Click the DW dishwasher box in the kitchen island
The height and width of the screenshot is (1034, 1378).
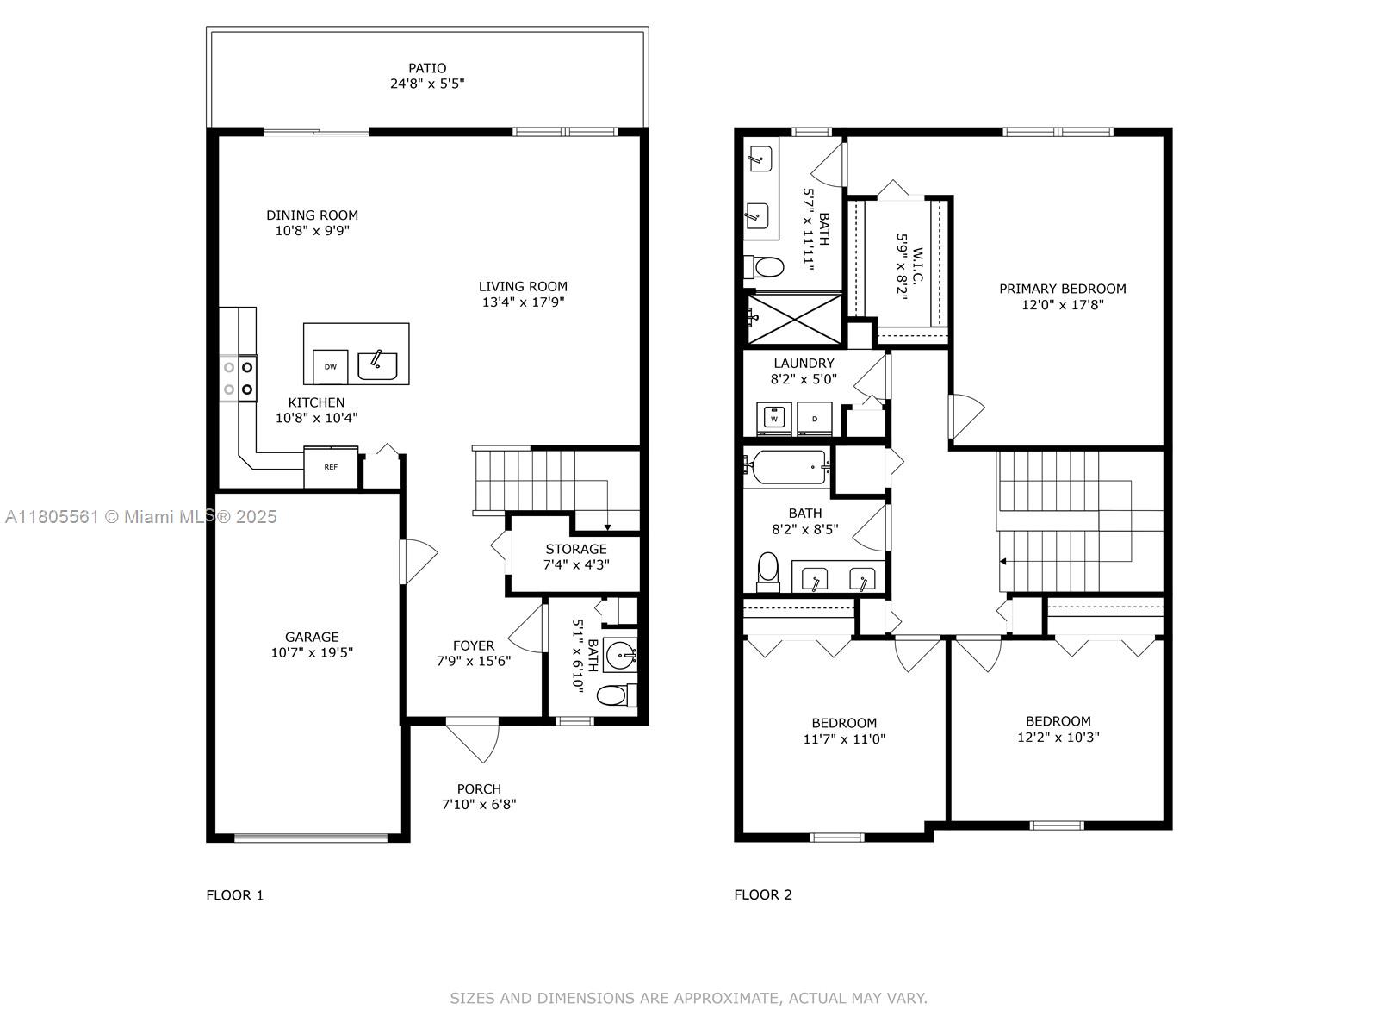330,366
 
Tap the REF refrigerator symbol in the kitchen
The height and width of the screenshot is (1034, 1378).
331,467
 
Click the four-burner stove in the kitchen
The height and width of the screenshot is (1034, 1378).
239,378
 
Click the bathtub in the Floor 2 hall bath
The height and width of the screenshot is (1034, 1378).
788,467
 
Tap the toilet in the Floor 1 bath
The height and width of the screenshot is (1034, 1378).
614,695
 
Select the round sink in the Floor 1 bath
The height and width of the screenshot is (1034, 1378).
619,656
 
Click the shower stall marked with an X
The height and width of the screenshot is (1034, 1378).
793,317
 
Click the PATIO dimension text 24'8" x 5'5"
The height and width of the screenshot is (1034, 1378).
427,84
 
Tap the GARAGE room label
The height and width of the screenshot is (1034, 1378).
312,637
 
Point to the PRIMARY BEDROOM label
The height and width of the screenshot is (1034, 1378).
1062,289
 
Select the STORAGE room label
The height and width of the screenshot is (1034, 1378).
575,549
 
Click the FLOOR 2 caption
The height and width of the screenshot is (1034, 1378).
762,894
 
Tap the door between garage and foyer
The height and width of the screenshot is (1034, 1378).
418,561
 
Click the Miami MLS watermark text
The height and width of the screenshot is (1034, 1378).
141,516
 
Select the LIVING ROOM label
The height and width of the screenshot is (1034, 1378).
523,286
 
